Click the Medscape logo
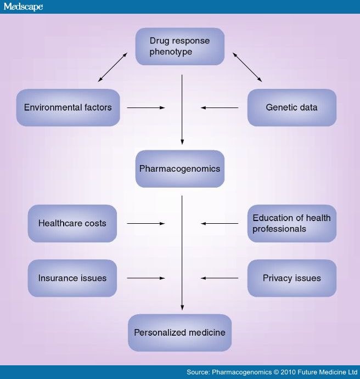click(x=23, y=7)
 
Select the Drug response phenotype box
click(x=180, y=47)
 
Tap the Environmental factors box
click(x=68, y=108)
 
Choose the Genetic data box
click(x=291, y=108)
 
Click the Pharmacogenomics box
click(x=180, y=169)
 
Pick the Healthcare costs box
click(x=72, y=223)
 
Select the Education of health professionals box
click(x=291, y=223)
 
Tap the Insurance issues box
click(x=72, y=278)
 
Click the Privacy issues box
click(x=291, y=278)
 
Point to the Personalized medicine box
click(x=180, y=332)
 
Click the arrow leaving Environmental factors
click(x=145, y=108)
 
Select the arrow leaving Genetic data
click(x=220, y=108)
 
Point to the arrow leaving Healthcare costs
click(x=145, y=223)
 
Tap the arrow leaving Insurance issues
click(x=145, y=278)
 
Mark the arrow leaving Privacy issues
click(x=220, y=278)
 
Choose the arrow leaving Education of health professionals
click(x=220, y=223)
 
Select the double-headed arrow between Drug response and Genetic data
click(x=247, y=67)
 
